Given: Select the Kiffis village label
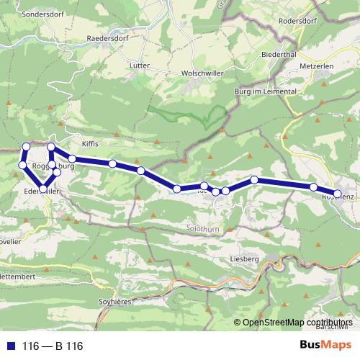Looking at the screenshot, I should point(89,143).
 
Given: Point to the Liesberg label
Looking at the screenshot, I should point(243,258).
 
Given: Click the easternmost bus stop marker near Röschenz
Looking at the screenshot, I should point(337,194).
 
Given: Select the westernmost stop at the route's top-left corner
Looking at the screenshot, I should point(22,165).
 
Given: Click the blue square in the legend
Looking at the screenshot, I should point(9,346).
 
